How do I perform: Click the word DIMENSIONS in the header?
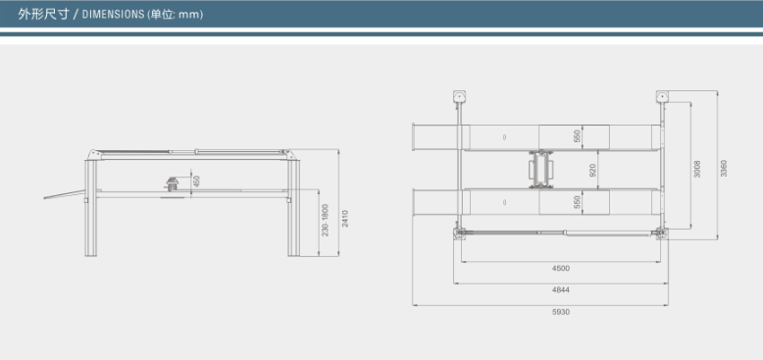113,14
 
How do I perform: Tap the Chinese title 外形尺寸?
43,14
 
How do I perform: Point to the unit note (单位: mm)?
175,14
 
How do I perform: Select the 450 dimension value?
196,180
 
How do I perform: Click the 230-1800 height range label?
326,220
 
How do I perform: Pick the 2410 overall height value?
345,219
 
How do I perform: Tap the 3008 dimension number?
697,169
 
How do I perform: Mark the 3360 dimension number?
724,169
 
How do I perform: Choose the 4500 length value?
561,268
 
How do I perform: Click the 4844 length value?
561,290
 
